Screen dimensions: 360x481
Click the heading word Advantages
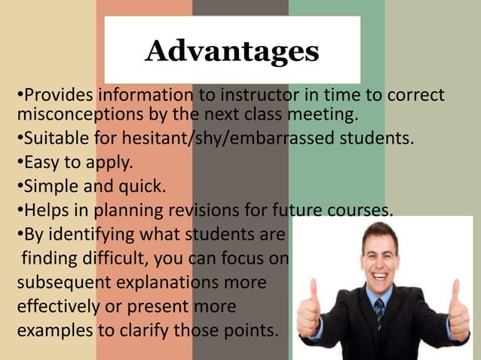(x=232, y=51)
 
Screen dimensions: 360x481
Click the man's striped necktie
(x=379, y=313)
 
